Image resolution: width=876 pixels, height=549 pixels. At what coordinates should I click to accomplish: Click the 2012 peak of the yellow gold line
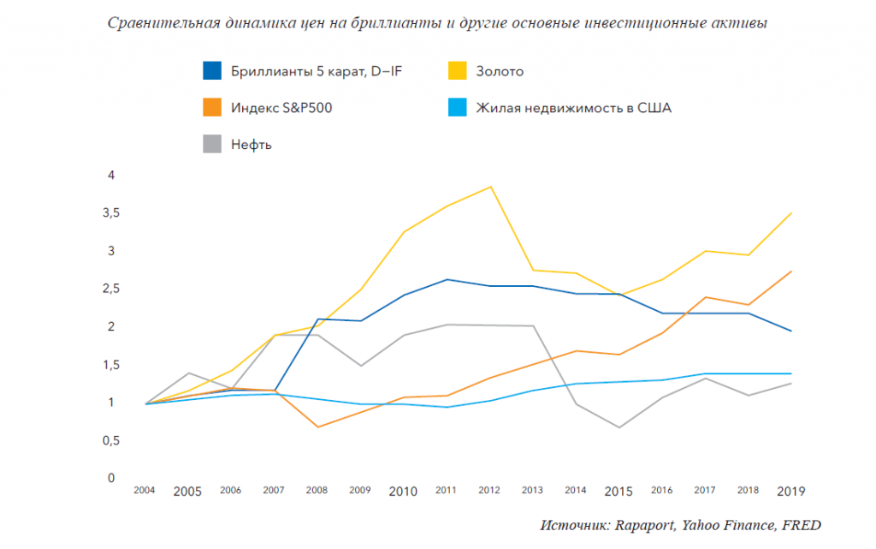point(490,187)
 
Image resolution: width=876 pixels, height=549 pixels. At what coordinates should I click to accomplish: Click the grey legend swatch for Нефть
point(213,144)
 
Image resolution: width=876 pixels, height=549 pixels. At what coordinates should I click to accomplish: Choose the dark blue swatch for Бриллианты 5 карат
point(213,71)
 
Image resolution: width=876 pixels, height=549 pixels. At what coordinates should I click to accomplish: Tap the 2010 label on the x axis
point(403,492)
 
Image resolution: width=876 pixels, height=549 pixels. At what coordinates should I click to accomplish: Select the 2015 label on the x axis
point(619,492)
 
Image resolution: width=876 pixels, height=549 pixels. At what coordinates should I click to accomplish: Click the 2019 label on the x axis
point(791,492)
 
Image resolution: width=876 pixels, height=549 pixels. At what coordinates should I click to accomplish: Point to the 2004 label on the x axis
point(144,491)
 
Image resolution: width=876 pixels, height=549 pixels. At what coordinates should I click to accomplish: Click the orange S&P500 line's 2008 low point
point(317,427)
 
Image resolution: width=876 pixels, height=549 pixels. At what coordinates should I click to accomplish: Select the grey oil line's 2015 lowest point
point(619,427)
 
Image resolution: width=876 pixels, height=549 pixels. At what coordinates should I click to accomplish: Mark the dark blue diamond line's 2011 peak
point(447,279)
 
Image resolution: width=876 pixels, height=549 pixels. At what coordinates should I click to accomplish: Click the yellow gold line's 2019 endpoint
point(791,212)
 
